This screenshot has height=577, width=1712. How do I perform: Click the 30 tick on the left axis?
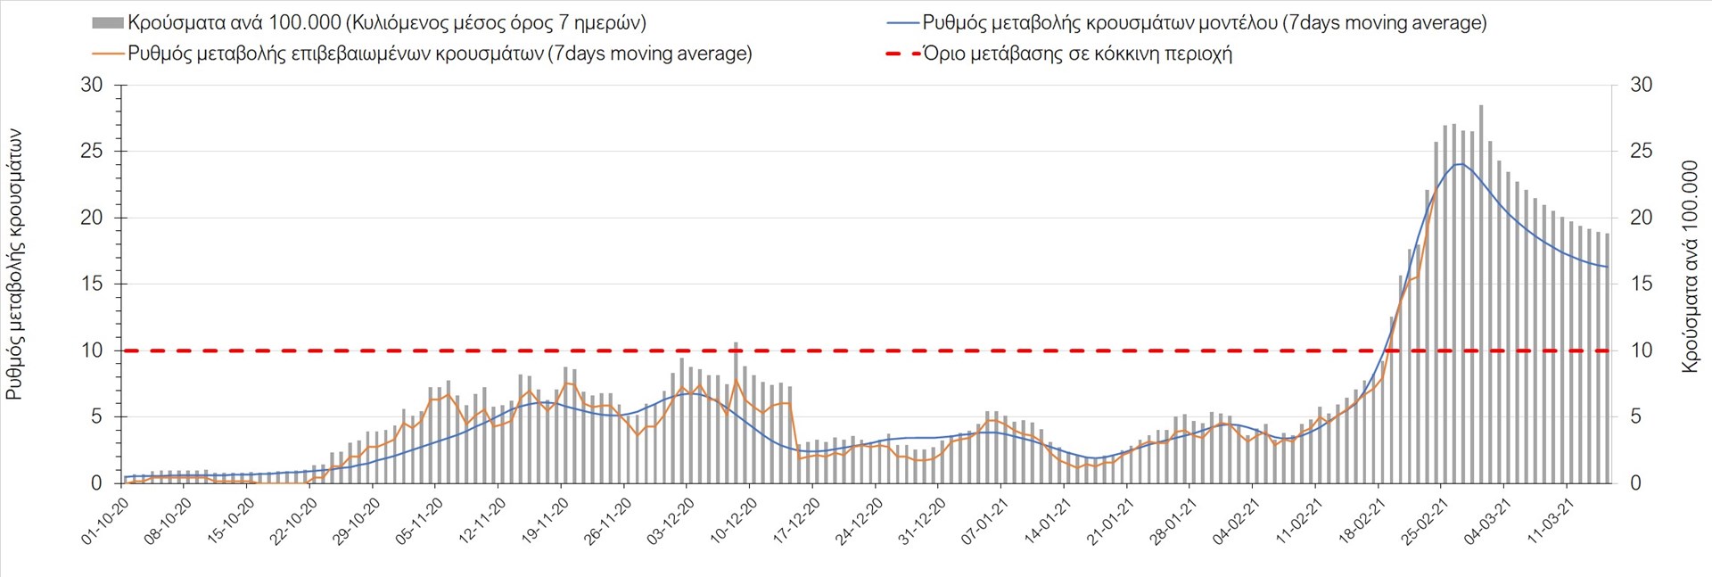[92, 86]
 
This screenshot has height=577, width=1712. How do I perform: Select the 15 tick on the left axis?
[92, 284]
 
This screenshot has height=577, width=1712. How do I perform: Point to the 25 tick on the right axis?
[1641, 152]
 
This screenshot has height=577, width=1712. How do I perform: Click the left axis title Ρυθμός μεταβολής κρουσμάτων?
[15, 263]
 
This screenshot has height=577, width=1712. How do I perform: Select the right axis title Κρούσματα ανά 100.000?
[1689, 268]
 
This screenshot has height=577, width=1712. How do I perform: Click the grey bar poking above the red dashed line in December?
[736, 345]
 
